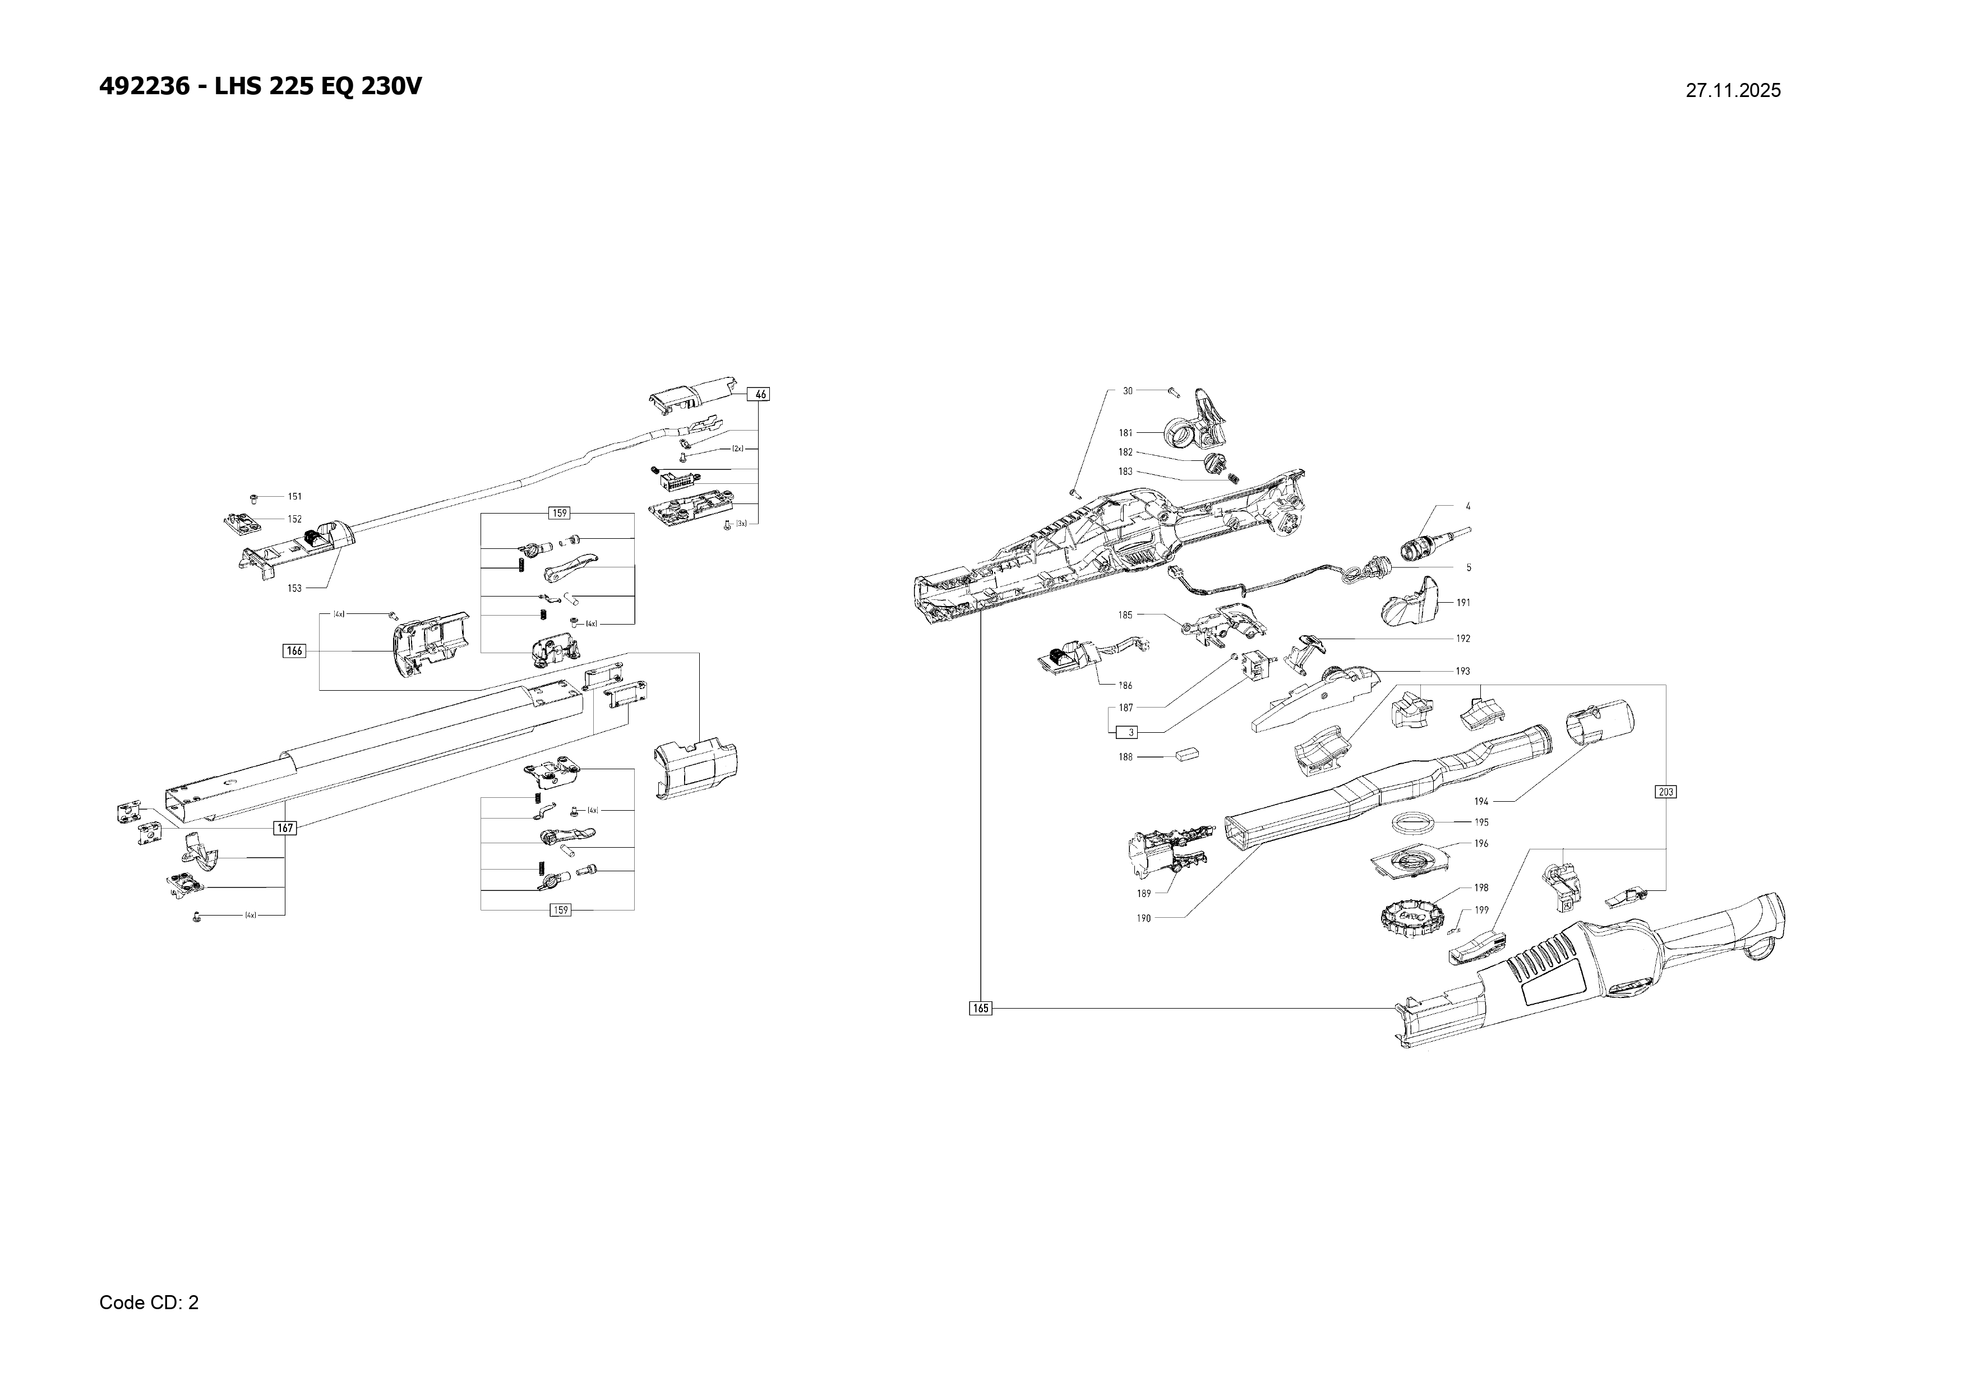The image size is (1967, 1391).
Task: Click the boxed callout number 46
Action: (760, 394)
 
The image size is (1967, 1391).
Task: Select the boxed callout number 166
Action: (294, 651)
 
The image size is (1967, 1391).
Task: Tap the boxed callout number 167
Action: (284, 828)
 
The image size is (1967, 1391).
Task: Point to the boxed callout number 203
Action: (1665, 792)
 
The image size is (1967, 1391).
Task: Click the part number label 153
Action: (295, 589)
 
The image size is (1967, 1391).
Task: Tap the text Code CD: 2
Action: (149, 1303)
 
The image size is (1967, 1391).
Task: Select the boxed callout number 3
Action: (1131, 732)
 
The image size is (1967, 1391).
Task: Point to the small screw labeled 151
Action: (255, 497)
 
